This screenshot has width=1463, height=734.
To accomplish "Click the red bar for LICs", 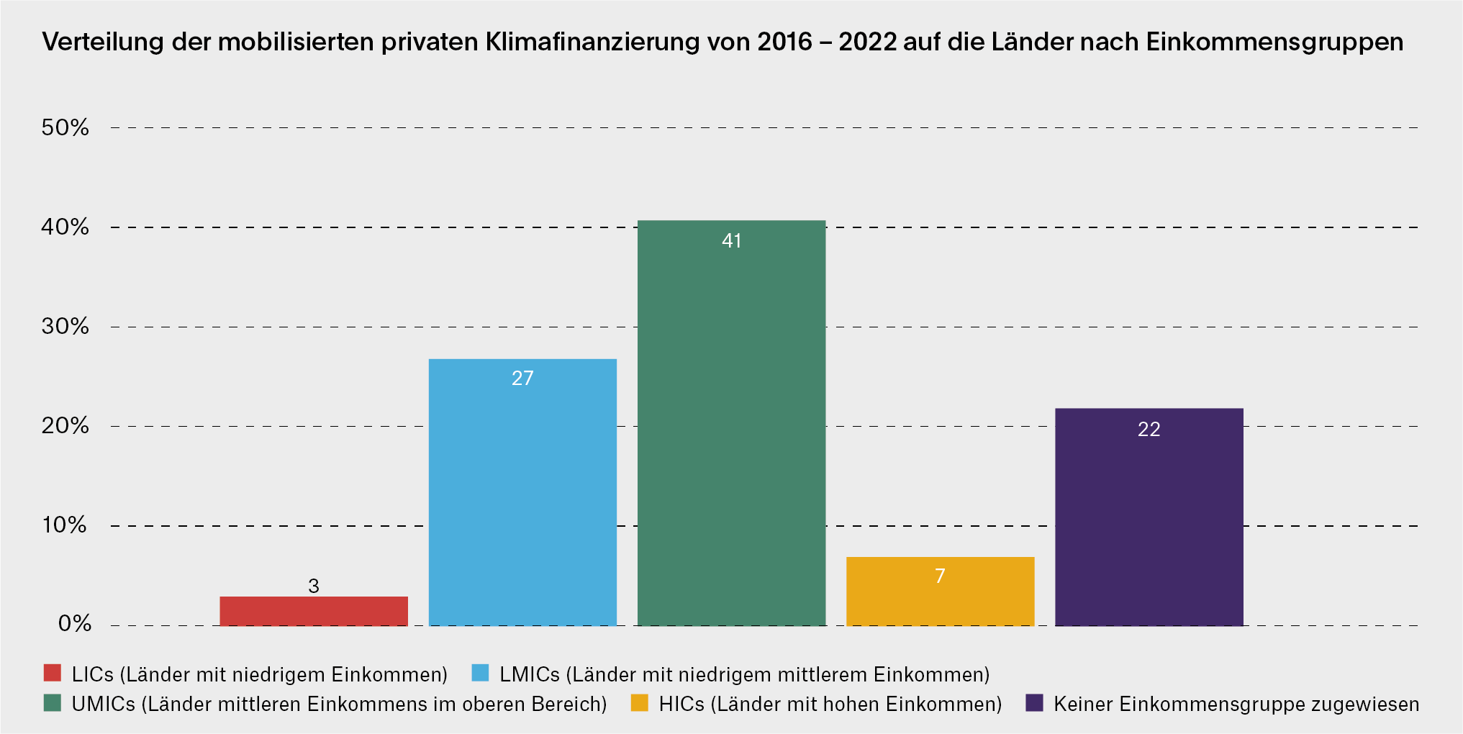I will pyautogui.click(x=314, y=611).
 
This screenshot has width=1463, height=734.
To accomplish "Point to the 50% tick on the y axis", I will pyautogui.click(x=65, y=128).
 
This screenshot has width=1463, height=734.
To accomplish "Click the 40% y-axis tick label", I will pyautogui.click(x=65, y=227).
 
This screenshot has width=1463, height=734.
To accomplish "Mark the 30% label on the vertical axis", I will pyautogui.click(x=65, y=327).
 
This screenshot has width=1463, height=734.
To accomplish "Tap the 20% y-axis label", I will pyautogui.click(x=65, y=426).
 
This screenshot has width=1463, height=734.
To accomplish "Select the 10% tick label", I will pyautogui.click(x=65, y=525).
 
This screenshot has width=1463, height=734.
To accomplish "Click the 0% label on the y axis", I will pyautogui.click(x=74, y=624).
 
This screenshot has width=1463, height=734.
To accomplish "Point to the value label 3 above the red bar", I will pyautogui.click(x=314, y=586).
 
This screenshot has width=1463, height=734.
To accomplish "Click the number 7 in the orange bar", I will pyautogui.click(x=940, y=576).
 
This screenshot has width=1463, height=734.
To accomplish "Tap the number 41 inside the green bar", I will pyautogui.click(x=731, y=241).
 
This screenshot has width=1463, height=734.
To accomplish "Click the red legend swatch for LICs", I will pyautogui.click(x=53, y=673).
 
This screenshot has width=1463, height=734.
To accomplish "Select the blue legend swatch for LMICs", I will pyautogui.click(x=480, y=673).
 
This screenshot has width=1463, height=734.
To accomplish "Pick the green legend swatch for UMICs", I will pyautogui.click(x=53, y=703).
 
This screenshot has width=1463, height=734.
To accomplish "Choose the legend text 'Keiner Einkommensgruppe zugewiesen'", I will pyautogui.click(x=1236, y=704).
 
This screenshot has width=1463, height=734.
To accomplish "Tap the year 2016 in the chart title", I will pyautogui.click(x=784, y=42).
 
